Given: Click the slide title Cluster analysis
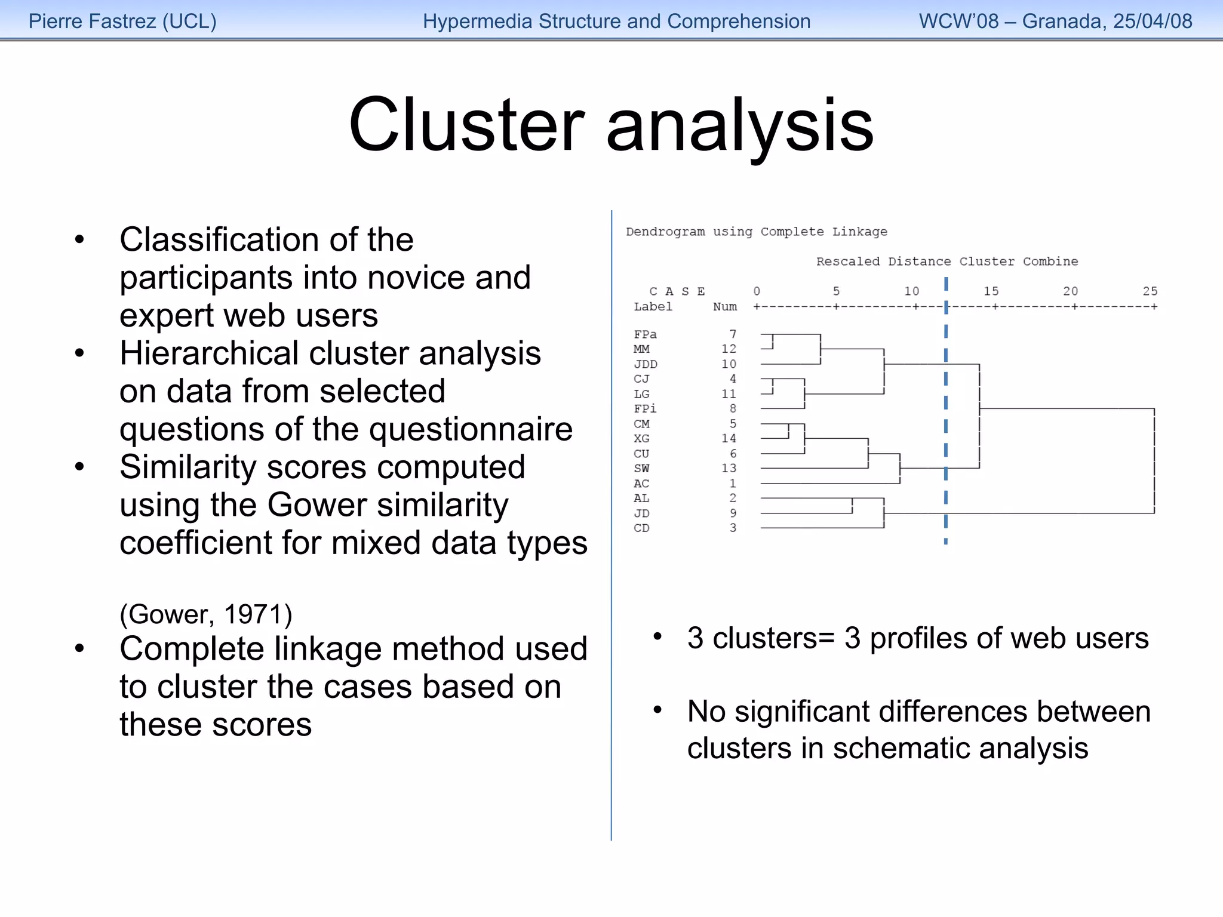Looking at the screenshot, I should pos(611,125).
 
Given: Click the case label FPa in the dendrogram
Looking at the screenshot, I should pos(645,334).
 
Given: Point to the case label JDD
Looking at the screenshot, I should pos(645,364).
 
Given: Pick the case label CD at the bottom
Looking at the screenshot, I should pos(641,528).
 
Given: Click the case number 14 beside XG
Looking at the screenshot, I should pos(729,438).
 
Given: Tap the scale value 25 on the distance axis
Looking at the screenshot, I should pos(1150,291).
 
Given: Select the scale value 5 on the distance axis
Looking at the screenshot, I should pos(836,291).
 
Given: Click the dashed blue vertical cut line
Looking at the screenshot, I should pos(946,418).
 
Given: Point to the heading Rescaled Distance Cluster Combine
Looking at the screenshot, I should pos(947,261).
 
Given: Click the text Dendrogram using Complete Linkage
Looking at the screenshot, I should pos(756,232).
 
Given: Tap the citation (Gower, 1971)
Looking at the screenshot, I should pos(206,614).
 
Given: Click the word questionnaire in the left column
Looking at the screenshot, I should pos(471,429).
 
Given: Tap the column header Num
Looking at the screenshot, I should pos(724,307).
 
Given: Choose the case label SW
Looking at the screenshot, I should pos(641,469).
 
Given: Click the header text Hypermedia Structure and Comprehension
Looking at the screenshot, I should pos(616,21).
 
